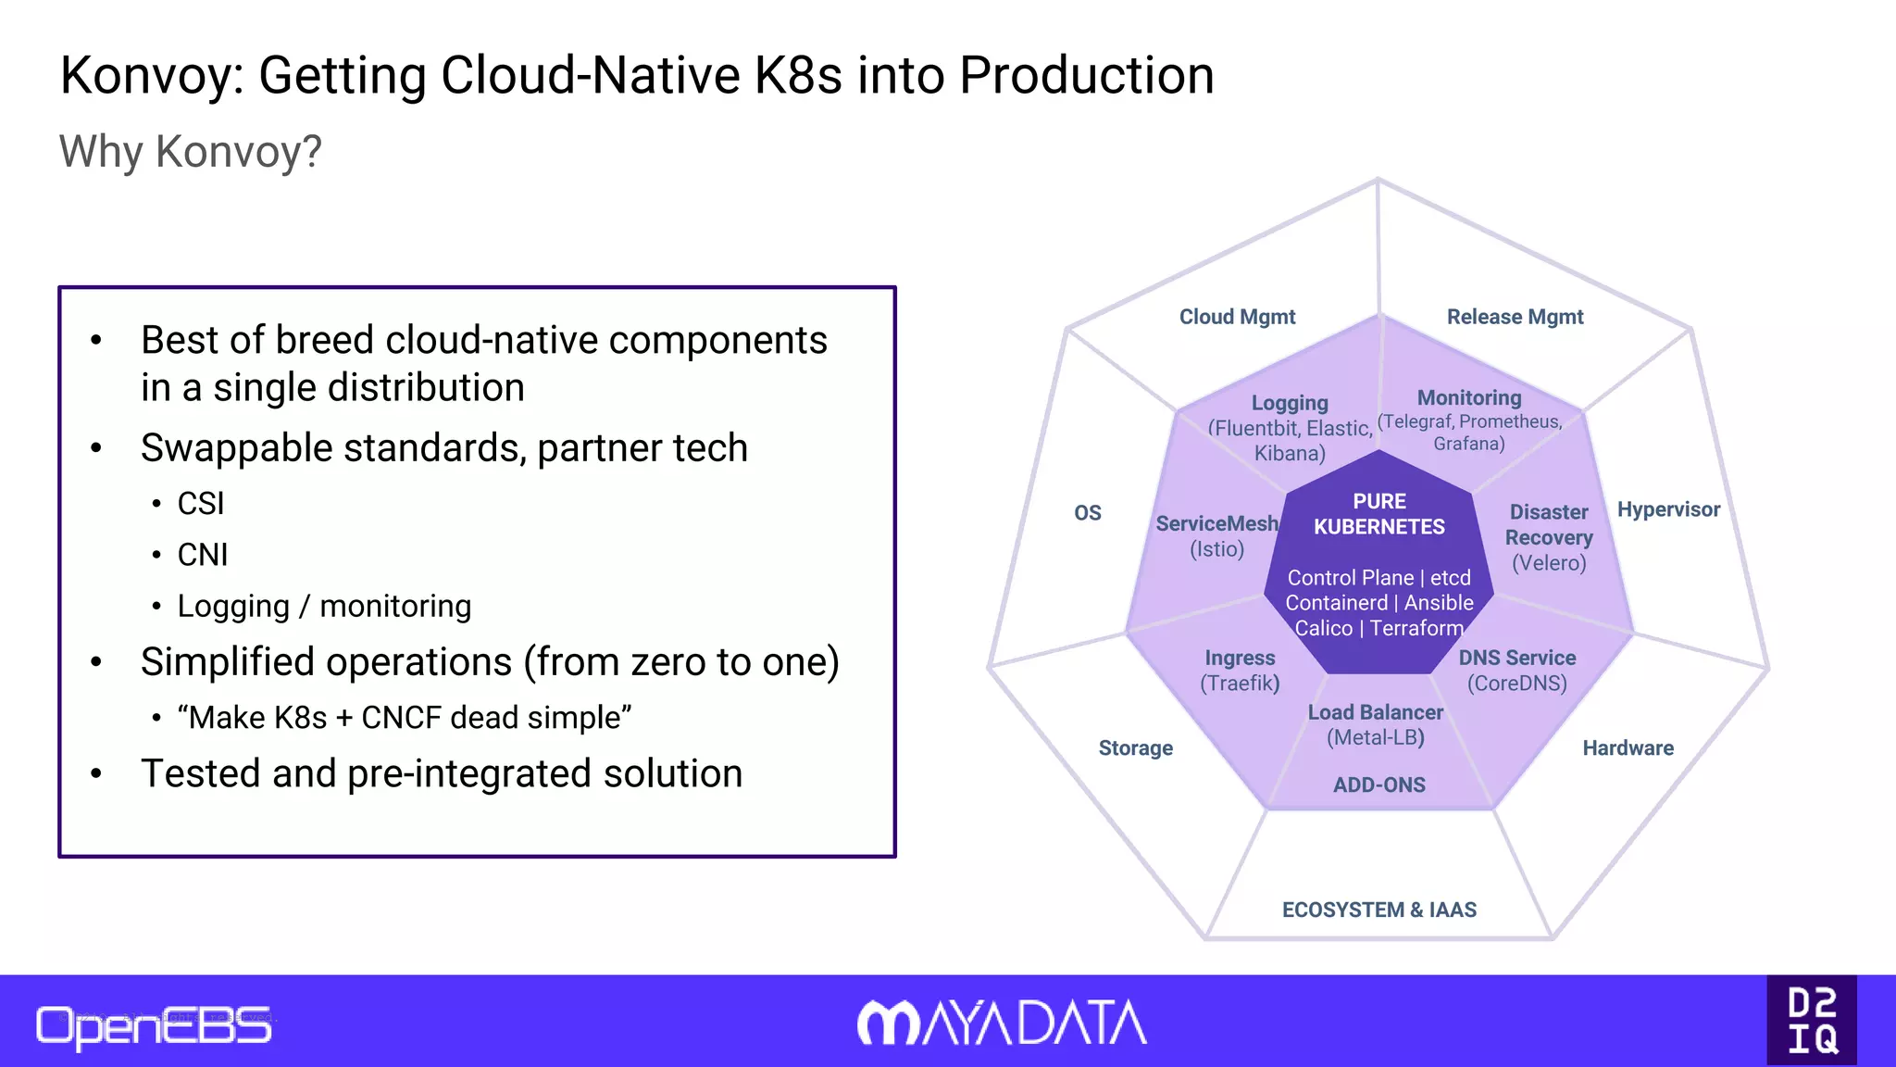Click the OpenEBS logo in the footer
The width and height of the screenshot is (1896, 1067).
coord(154,1026)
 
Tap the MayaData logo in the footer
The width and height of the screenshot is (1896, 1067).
coord(1002,1023)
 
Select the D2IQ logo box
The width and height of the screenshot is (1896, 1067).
coord(1811,1020)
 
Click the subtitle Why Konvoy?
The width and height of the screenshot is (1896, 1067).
coord(191,151)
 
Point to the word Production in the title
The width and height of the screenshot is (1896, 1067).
coord(1086,75)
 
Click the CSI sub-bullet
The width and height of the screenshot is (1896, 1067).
coord(201,504)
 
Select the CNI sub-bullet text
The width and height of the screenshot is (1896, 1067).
coord(203,555)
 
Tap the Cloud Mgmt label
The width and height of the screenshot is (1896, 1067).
coord(1237,317)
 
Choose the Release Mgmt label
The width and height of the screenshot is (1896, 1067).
coord(1515,317)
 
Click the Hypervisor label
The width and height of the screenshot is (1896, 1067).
coord(1668,509)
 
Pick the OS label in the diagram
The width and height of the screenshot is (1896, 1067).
coord(1088,513)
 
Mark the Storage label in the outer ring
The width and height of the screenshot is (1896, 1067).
coord(1135,748)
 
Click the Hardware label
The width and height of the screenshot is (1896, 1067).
coord(1628,748)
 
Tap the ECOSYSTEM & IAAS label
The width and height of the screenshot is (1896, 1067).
coord(1378,910)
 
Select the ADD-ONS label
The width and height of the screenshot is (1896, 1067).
coord(1378,785)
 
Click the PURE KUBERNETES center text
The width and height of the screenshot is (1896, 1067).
coord(1378,514)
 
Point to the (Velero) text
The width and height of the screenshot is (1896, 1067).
coord(1549,563)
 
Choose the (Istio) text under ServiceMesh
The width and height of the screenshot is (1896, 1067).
coord(1216,549)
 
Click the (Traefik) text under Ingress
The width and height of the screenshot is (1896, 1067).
coord(1240,684)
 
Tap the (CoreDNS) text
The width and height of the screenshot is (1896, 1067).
coord(1516,684)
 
